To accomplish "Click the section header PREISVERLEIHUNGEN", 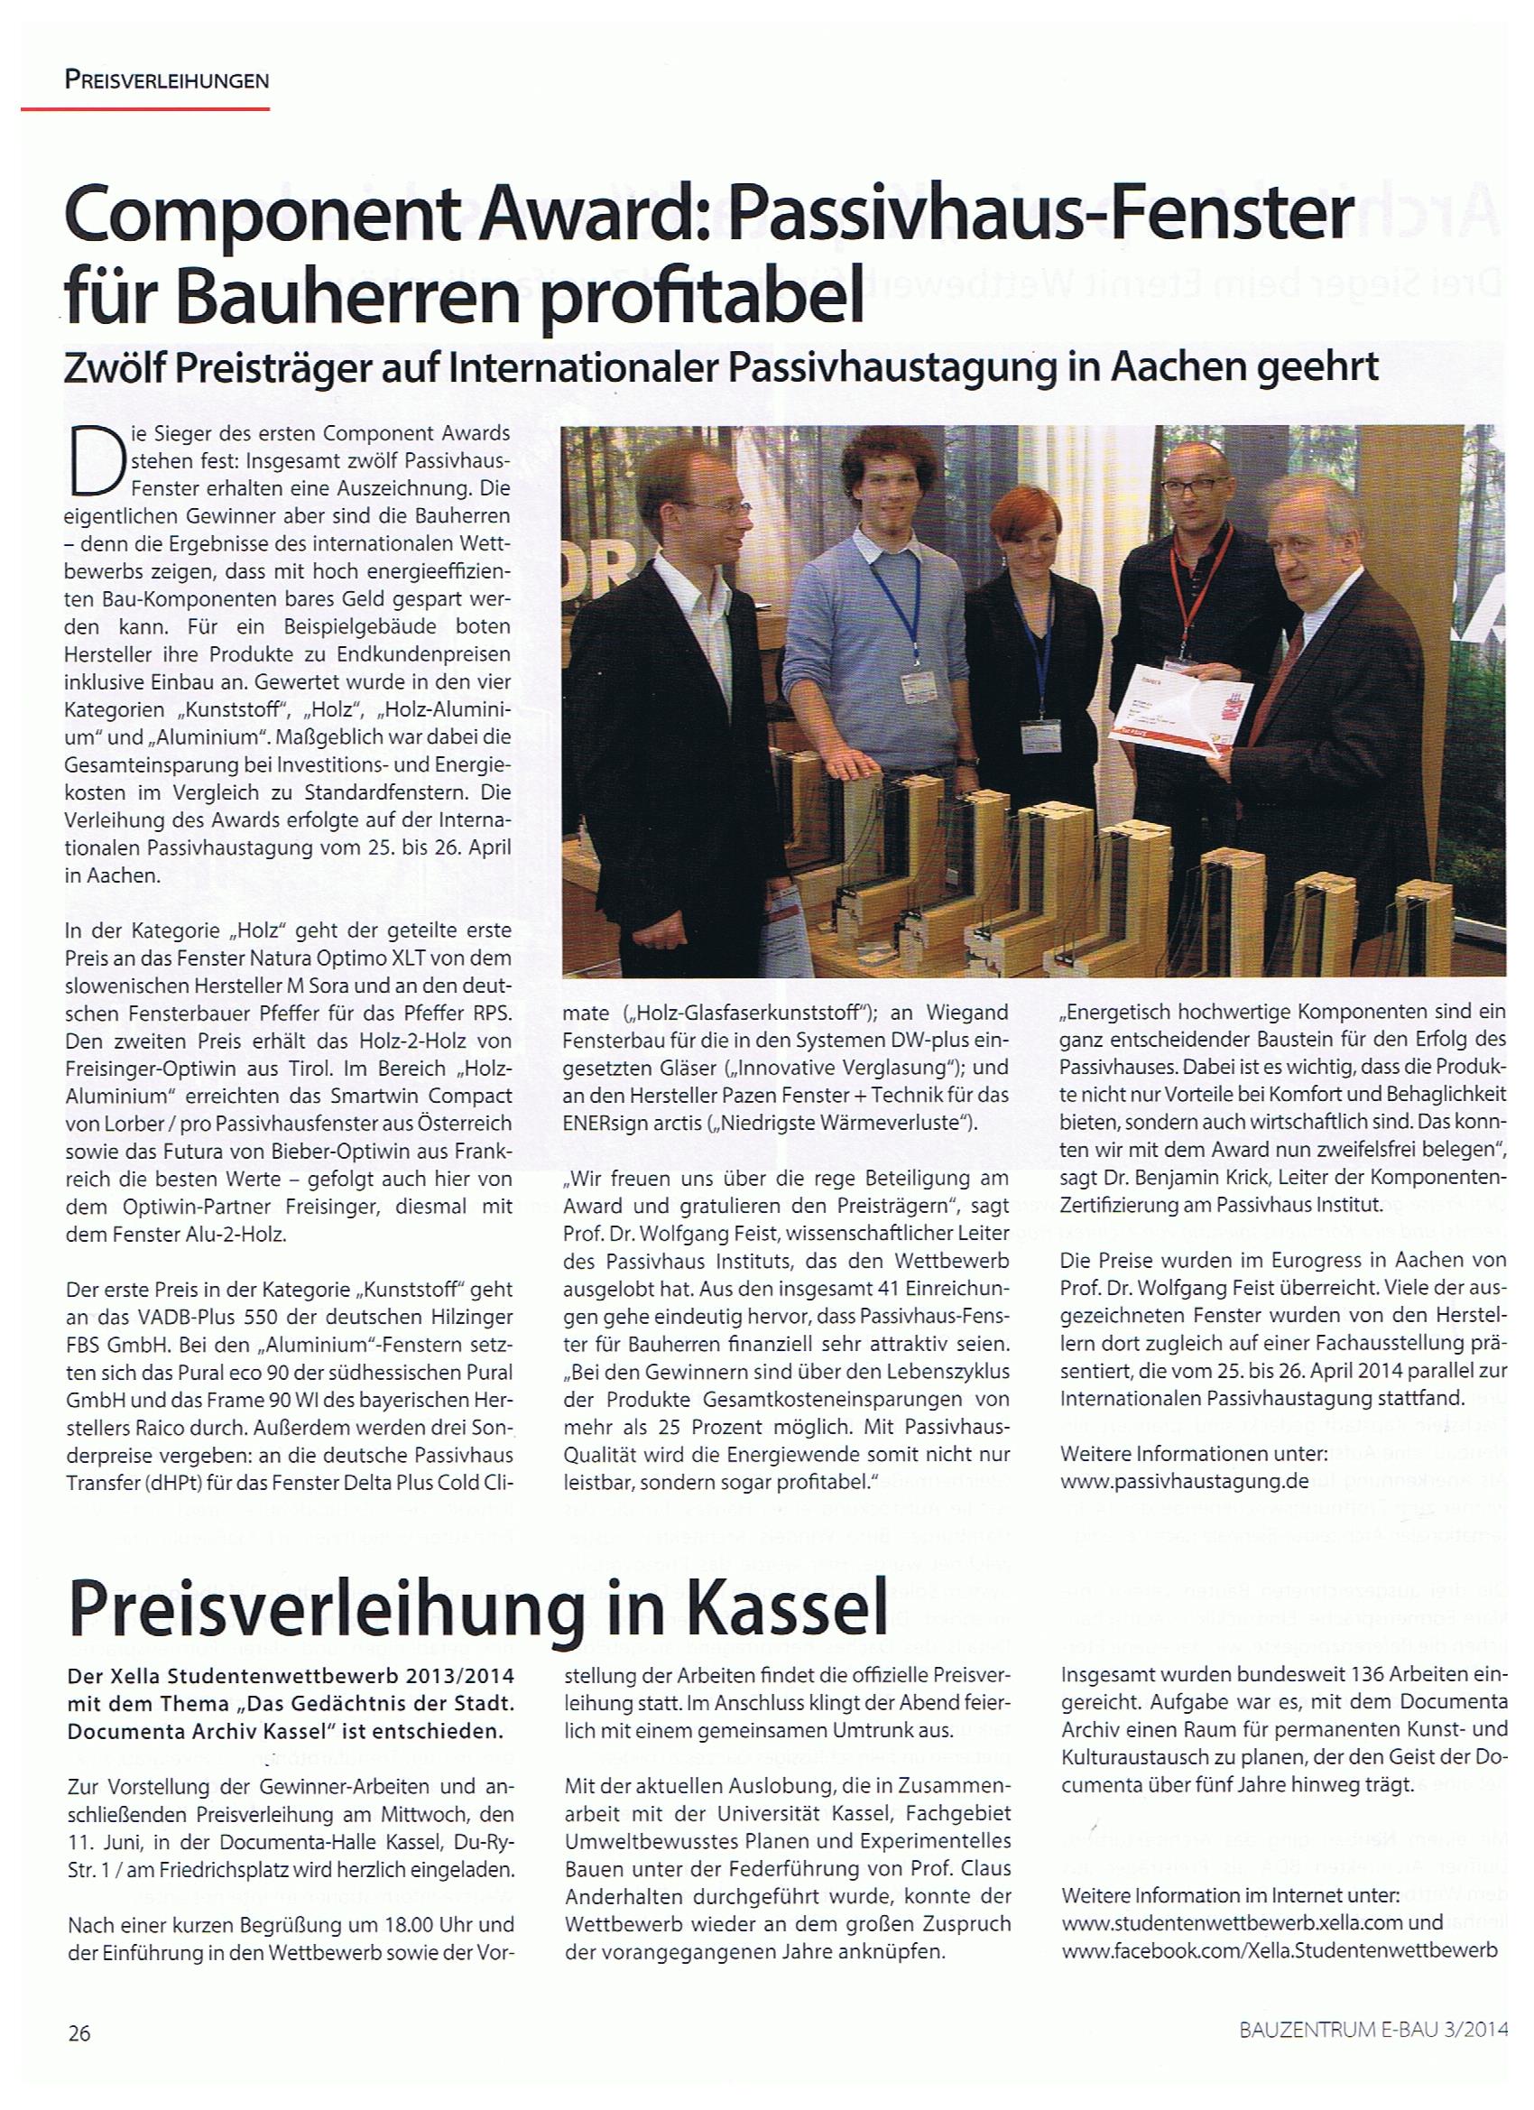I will pos(168,80).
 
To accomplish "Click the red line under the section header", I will pos(145,109).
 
